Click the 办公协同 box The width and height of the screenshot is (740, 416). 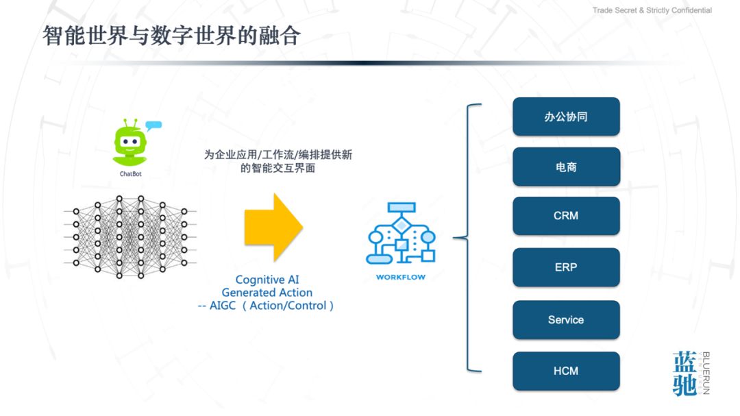566,117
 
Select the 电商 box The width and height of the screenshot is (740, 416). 566,167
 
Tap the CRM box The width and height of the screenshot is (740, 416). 566,216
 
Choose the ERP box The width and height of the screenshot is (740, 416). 566,267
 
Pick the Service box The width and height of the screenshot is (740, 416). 566,319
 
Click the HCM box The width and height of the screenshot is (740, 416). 566,371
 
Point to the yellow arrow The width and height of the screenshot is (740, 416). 273,228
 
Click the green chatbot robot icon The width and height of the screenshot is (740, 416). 129,144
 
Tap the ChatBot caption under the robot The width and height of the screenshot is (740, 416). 130,174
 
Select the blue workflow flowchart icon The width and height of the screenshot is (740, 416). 401,234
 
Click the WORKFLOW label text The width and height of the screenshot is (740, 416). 401,278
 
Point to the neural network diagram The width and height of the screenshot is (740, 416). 130,236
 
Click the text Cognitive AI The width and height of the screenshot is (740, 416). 267,280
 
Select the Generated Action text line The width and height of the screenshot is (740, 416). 267,293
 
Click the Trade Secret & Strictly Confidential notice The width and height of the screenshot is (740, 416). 652,10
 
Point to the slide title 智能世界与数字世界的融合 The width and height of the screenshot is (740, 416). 172,36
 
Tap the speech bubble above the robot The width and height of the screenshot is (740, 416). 153,125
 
